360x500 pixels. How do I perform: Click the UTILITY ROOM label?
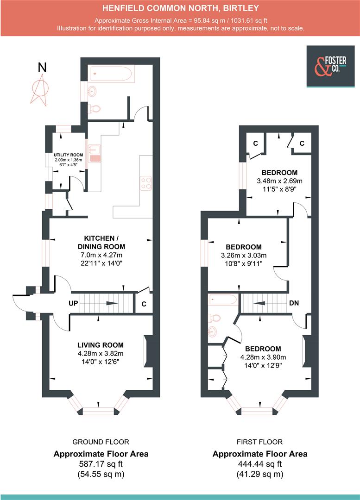[68, 155]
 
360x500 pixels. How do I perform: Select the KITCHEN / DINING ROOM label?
[101, 243]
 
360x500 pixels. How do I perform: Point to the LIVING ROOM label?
[101, 344]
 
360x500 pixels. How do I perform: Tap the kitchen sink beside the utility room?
[95, 154]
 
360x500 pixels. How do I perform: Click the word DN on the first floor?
[293, 303]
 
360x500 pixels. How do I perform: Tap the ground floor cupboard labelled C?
[144, 304]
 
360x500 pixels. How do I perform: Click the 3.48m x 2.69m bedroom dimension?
[279, 181]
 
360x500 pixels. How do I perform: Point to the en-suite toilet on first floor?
[214, 318]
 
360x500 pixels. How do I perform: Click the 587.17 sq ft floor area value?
[101, 464]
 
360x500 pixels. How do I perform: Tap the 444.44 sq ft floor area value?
[259, 464]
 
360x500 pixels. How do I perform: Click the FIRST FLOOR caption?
[259, 442]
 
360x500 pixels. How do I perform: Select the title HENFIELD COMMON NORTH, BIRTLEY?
[180, 8]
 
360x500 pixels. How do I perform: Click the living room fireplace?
[148, 351]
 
